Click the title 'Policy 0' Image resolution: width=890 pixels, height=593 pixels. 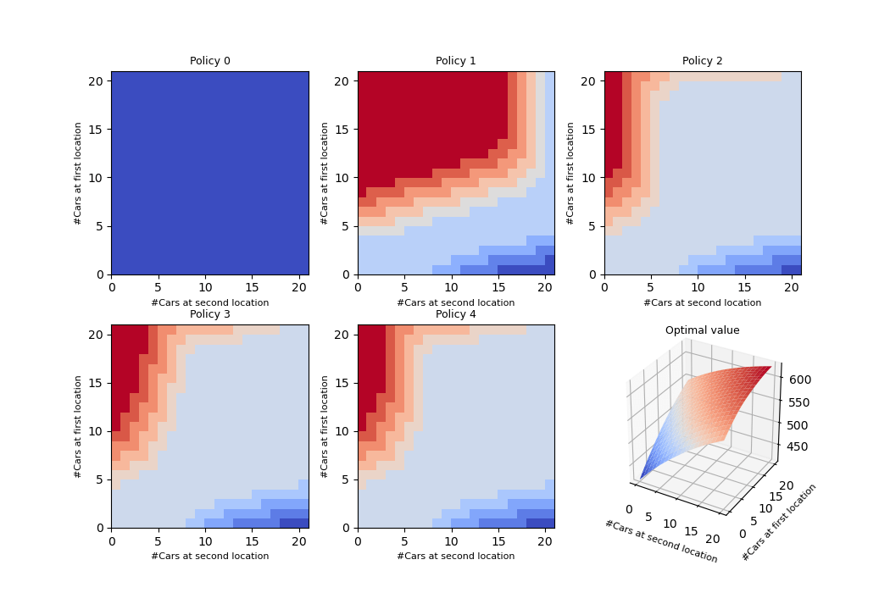coord(209,61)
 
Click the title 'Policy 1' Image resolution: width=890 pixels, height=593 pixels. coord(455,61)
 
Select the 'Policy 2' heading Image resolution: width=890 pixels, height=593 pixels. coord(702,61)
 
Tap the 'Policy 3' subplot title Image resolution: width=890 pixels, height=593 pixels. coord(209,314)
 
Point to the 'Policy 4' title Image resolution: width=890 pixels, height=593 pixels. coord(455,314)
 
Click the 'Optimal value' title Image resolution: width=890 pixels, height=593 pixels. coord(702,330)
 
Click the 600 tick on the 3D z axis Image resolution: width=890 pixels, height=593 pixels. coord(797,380)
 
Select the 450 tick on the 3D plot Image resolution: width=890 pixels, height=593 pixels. coord(797,447)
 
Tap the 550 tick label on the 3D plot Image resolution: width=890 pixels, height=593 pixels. coord(797,403)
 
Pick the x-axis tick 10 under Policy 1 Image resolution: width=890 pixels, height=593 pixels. coord(451,287)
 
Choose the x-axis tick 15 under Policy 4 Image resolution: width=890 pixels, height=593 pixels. coord(498,540)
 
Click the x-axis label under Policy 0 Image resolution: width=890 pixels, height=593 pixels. coord(209,302)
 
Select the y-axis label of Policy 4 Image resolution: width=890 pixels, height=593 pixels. coord(325,426)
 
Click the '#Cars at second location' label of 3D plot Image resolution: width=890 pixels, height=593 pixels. coord(660,541)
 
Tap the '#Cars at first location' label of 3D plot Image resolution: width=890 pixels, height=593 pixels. coord(779,523)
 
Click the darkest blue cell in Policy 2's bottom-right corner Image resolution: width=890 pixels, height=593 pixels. coord(791,269)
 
